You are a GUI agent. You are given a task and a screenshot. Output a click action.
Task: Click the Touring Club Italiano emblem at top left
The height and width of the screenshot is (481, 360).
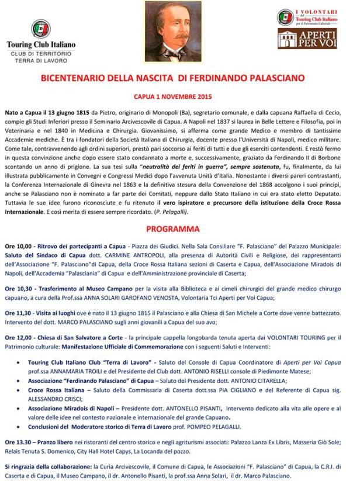pos(40,28)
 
